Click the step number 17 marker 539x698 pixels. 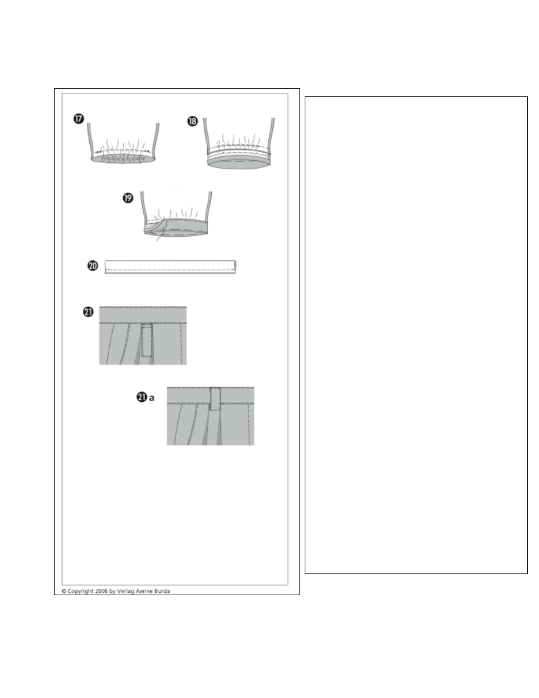79,119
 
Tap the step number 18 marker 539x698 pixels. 192,121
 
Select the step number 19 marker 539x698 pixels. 128,198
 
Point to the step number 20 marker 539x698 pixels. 93,266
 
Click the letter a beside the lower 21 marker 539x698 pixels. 151,398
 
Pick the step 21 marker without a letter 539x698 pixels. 88,311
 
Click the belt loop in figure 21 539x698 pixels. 147,340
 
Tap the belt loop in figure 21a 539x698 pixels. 215,398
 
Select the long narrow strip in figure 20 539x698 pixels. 170,267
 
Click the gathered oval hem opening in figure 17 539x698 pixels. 124,159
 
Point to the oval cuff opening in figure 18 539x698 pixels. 239,163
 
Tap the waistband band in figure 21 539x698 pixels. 143,314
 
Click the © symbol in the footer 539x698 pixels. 64,591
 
